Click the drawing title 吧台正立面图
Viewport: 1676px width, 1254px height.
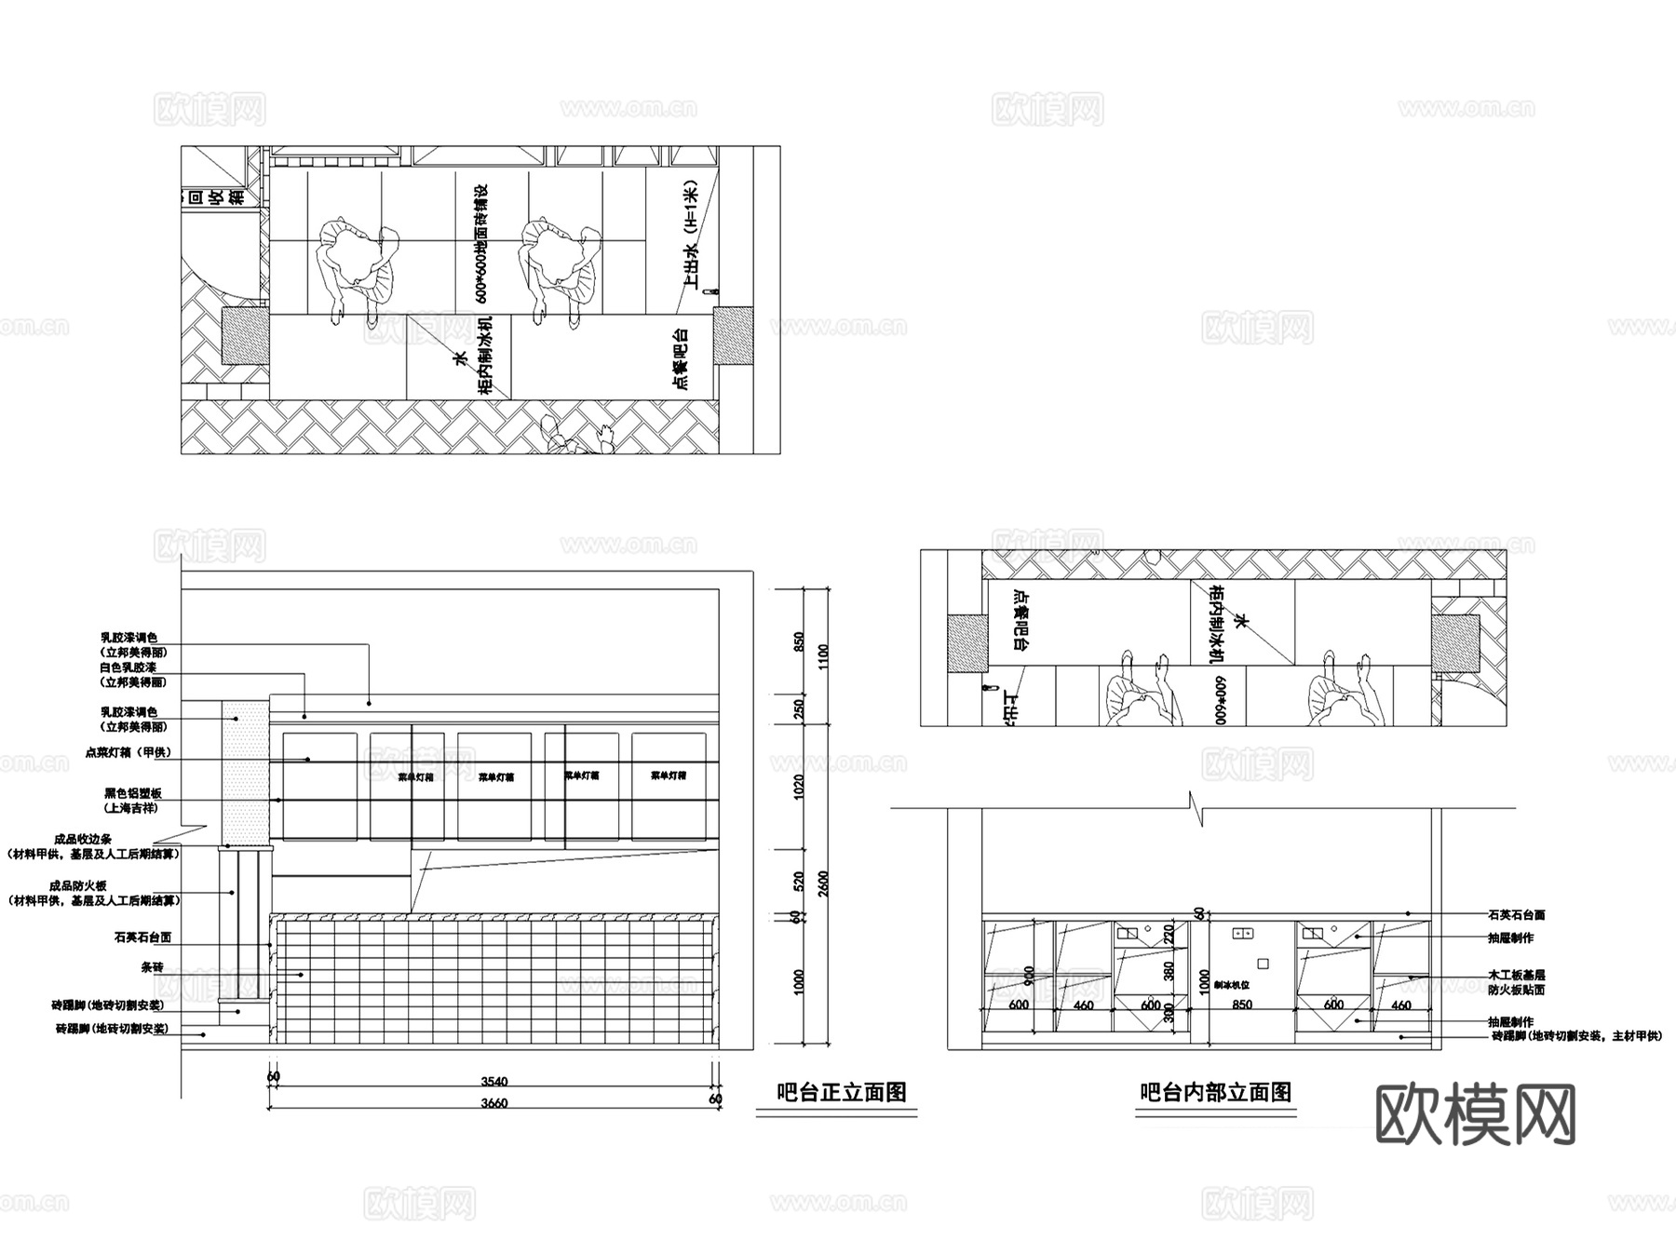pos(841,1092)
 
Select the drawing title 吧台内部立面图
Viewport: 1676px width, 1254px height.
pos(1215,1092)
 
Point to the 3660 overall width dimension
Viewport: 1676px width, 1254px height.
pos(493,1103)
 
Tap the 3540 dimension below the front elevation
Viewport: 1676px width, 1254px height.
pos(493,1082)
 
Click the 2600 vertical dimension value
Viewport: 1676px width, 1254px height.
pos(823,883)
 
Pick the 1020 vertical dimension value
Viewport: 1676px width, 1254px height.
pos(799,788)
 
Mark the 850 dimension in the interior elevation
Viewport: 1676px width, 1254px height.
pos(1241,1005)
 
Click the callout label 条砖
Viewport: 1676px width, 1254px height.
pos(152,968)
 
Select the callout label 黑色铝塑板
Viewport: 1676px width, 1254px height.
pos(133,793)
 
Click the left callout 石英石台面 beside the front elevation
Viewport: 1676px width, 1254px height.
pos(142,937)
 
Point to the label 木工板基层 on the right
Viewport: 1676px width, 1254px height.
pos(1516,975)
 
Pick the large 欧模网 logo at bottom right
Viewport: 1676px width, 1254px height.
pos(1475,1114)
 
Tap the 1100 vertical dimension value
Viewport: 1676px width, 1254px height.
pos(823,657)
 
